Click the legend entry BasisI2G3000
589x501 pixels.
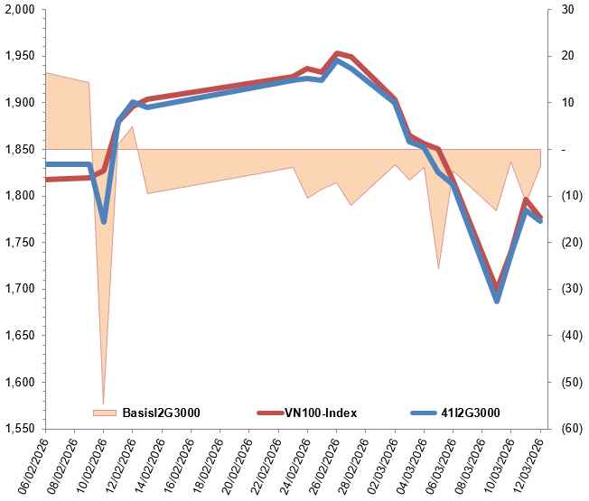(x=161, y=413)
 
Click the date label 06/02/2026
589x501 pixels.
(x=34, y=465)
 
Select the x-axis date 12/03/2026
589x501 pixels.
(x=529, y=465)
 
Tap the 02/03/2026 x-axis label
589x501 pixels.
(x=384, y=465)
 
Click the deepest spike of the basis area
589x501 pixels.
(x=103, y=404)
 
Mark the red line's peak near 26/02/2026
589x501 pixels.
(x=337, y=53)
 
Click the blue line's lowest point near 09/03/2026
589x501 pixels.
(x=497, y=301)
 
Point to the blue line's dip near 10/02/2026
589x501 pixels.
(x=104, y=221)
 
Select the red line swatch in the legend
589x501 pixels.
(x=269, y=413)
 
